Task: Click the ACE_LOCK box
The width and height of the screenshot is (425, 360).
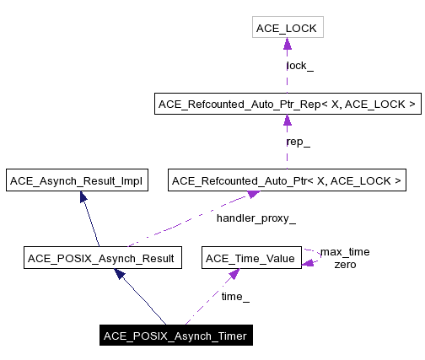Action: pyautogui.click(x=287, y=30)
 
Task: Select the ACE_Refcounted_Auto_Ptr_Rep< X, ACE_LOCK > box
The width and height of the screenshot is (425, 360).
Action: pyautogui.click(x=287, y=105)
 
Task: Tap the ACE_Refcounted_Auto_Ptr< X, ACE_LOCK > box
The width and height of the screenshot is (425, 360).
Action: pyautogui.click(x=287, y=180)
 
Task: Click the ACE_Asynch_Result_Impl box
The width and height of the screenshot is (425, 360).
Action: pyautogui.click(x=76, y=180)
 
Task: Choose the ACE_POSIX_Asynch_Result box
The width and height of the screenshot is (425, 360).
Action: pyautogui.click(x=101, y=258)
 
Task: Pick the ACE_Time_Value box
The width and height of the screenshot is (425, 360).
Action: pyautogui.click(x=250, y=258)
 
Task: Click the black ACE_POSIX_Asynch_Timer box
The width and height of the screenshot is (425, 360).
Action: pyautogui.click(x=175, y=336)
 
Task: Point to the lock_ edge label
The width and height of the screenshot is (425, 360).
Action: pyautogui.click(x=299, y=65)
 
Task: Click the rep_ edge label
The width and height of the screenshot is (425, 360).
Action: pyautogui.click(x=299, y=142)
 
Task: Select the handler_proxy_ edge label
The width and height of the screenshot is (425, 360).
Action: pyautogui.click(x=256, y=218)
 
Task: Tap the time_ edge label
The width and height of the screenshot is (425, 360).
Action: pyautogui.click(x=235, y=296)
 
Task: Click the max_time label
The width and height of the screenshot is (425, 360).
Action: pyautogui.click(x=344, y=252)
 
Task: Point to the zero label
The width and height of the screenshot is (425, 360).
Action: pyautogui.click(x=344, y=265)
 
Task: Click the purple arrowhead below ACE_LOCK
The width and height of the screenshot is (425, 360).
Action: pyautogui.click(x=287, y=46)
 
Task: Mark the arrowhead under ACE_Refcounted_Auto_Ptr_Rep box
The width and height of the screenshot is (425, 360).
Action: pyautogui.click(x=287, y=121)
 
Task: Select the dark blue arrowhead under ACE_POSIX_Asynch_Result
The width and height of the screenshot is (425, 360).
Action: pyautogui.click(x=121, y=274)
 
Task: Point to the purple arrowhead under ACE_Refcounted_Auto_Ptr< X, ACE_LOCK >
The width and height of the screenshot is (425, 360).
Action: pyautogui.click(x=250, y=196)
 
